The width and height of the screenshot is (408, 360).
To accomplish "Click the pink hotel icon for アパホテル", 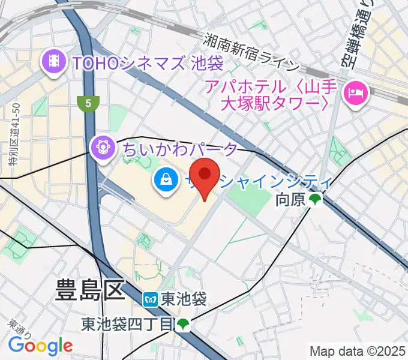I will [354, 92].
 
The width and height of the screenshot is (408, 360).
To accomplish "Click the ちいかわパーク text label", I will [181, 148].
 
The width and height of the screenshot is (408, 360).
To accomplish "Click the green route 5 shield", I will [88, 103].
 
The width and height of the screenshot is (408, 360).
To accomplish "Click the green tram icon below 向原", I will [315, 199].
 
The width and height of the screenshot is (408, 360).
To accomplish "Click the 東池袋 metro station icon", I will [150, 299].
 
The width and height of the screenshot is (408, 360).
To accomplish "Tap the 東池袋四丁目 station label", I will [127, 325].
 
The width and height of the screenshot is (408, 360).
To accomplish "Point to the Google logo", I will [40, 345].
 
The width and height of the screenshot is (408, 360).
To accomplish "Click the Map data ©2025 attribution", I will [358, 351].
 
